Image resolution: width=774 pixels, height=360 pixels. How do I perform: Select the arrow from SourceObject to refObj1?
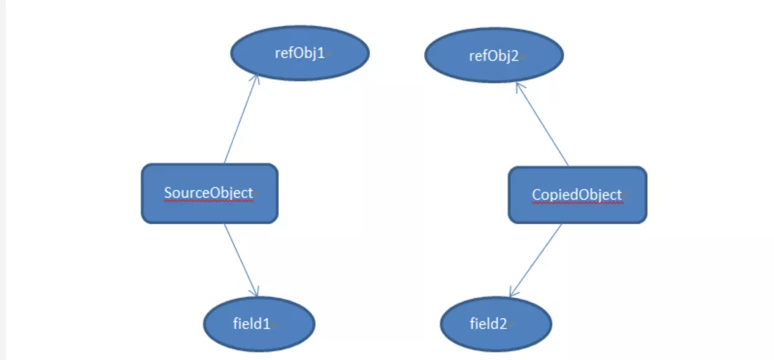[x=241, y=119]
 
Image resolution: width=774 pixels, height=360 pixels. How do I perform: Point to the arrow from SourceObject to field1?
[x=241, y=260]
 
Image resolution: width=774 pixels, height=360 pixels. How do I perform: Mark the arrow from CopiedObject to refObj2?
[x=542, y=125]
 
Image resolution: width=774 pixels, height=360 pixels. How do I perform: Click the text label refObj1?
[x=300, y=53]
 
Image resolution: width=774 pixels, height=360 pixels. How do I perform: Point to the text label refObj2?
[x=494, y=56]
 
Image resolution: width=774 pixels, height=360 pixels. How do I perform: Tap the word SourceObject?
[x=208, y=193]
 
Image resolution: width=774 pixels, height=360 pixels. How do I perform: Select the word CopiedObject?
[x=577, y=195]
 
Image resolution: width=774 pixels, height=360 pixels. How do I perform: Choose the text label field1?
[x=252, y=324]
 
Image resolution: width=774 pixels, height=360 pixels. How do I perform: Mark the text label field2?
[x=489, y=324]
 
